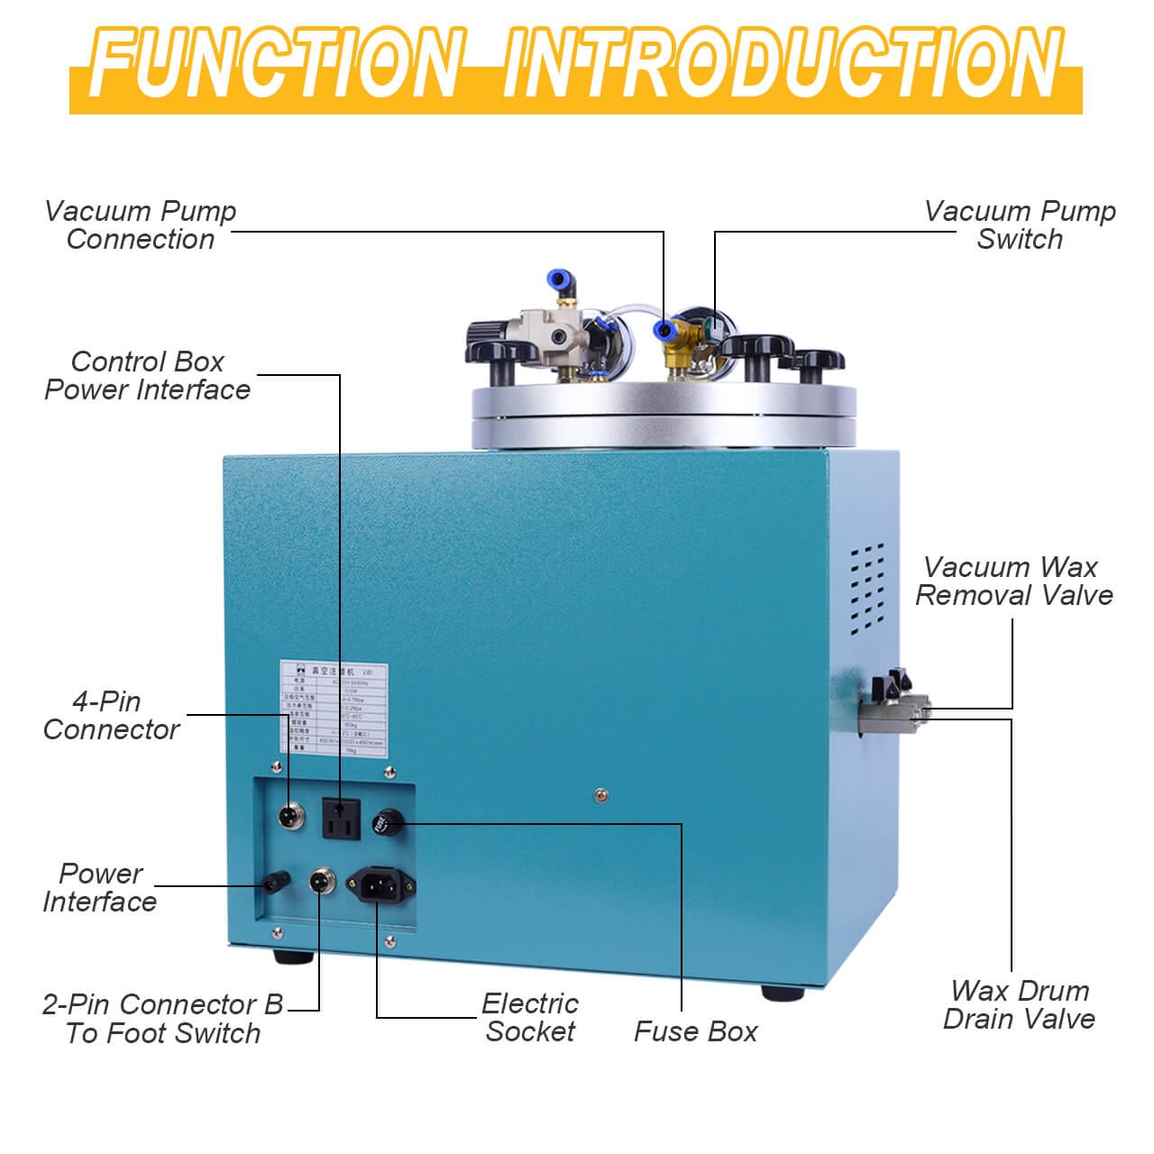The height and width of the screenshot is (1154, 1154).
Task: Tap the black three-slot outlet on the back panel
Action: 341,819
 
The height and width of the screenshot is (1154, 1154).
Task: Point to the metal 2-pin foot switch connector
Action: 319,880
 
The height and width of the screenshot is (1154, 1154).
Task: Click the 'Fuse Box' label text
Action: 695,1031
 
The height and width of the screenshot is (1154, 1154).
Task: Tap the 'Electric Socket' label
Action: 529,1018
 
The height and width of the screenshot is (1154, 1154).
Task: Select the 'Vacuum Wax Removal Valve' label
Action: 1014,582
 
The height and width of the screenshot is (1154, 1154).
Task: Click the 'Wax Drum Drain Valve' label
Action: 1019,1005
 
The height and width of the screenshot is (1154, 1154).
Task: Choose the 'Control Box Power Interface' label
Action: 148,376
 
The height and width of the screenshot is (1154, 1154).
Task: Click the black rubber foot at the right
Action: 782,993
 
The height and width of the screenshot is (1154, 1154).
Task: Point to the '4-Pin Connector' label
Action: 111,715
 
